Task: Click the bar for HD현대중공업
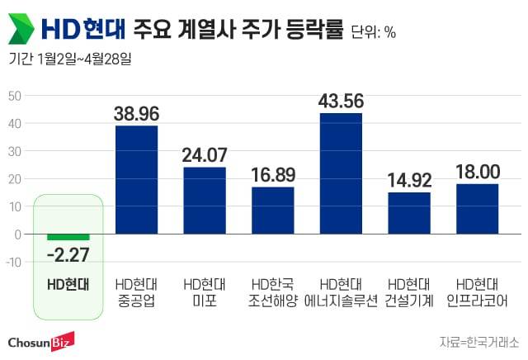pyautogui.click(x=137, y=180)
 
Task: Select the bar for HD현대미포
pyautogui.click(x=205, y=201)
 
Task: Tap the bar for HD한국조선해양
pyautogui.click(x=273, y=211)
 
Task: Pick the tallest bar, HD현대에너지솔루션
pyautogui.click(x=341, y=173)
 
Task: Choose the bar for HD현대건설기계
pyautogui.click(x=409, y=213)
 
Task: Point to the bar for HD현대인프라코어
pyautogui.click(x=477, y=209)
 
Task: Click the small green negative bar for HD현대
pyautogui.click(x=68, y=237)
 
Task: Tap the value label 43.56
pyautogui.click(x=341, y=101)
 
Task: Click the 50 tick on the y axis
pyautogui.click(x=15, y=95)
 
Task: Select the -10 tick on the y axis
pyautogui.click(x=13, y=263)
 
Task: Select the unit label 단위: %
pyautogui.click(x=374, y=33)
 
